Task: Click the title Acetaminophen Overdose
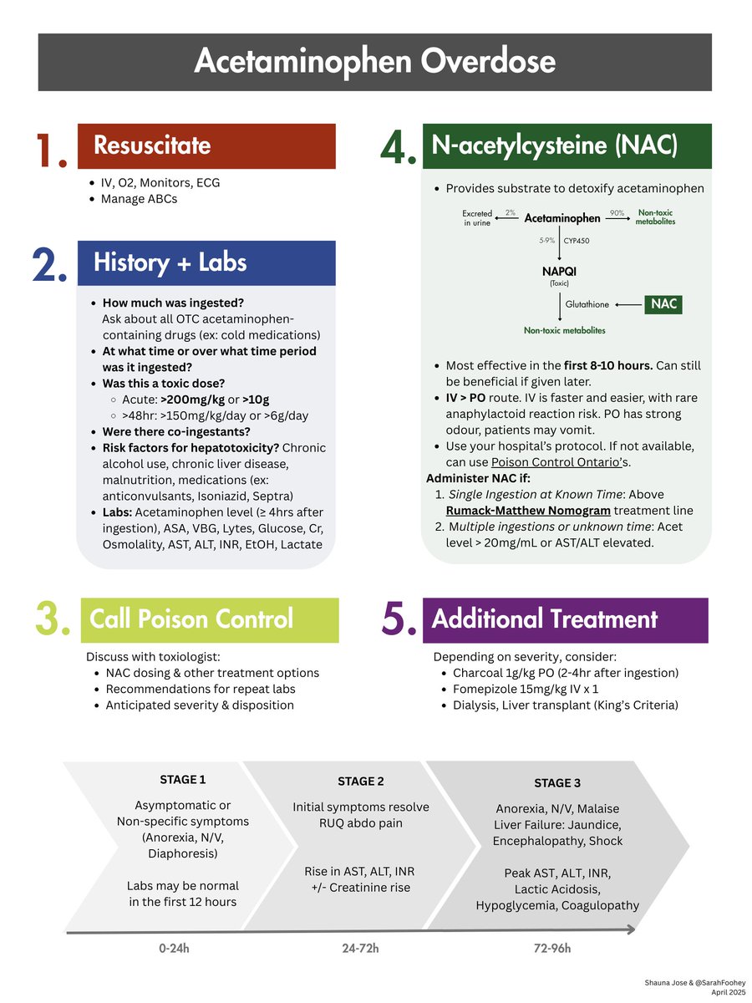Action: (374, 62)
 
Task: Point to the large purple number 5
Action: (399, 621)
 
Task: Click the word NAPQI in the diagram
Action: (559, 272)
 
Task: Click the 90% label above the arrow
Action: (617, 213)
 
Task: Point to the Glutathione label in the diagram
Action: (587, 305)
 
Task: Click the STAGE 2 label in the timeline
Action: (361, 782)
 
